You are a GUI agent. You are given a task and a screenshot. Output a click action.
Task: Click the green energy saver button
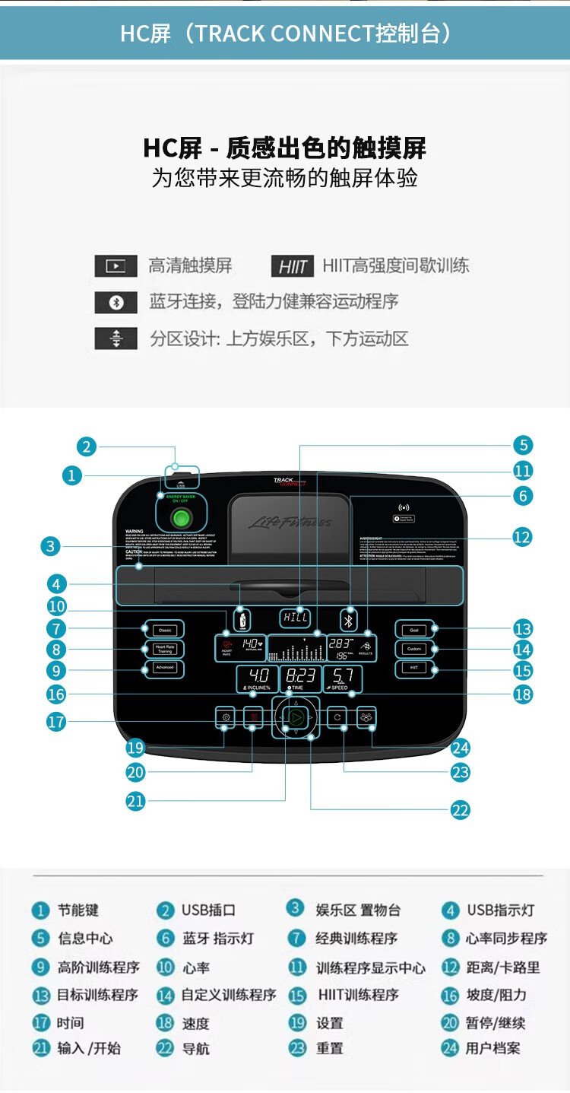click(x=181, y=519)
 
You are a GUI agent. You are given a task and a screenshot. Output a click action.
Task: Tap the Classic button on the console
click(x=165, y=630)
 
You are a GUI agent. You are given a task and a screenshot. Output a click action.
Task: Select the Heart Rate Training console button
click(x=165, y=649)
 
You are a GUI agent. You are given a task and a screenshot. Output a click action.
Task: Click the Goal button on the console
click(x=414, y=630)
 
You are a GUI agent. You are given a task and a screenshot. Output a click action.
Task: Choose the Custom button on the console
click(x=414, y=649)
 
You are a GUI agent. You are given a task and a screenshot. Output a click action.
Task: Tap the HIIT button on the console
click(x=414, y=668)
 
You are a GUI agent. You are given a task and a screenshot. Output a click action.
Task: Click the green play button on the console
click(x=296, y=716)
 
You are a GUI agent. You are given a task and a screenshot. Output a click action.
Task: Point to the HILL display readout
click(x=296, y=618)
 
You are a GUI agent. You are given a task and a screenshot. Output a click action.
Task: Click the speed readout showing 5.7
click(x=343, y=675)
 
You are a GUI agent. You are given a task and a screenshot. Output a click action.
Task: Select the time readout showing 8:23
click(x=300, y=675)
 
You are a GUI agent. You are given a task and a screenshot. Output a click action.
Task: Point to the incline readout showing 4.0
click(x=258, y=675)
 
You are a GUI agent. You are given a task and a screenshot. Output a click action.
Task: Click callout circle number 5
click(x=522, y=445)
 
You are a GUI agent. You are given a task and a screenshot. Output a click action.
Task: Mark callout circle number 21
click(x=135, y=800)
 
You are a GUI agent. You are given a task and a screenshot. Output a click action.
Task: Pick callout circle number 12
click(x=522, y=537)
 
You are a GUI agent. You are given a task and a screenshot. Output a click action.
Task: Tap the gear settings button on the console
click(x=225, y=716)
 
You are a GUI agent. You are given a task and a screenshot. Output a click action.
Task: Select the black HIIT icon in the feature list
click(x=292, y=266)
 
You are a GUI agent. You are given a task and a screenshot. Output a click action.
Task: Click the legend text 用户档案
click(x=493, y=1048)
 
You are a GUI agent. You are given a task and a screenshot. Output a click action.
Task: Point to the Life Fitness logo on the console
click(x=290, y=523)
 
